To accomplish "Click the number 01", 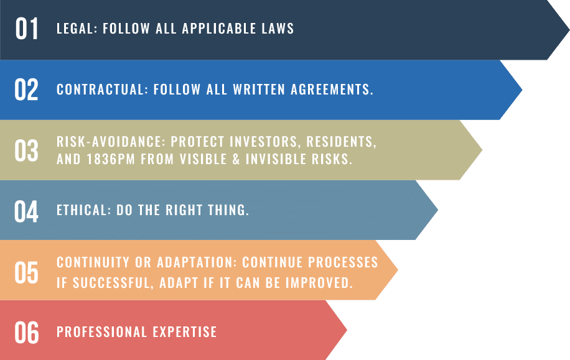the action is click(27, 29).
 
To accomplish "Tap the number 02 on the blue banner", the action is click(26, 90).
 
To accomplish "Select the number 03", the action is click(26, 150).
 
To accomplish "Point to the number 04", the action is click(26, 211).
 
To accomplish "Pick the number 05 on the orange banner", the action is click(26, 272).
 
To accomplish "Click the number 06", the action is click(26, 333).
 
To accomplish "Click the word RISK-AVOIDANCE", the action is click(111, 142).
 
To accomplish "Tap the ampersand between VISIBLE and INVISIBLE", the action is click(236, 159).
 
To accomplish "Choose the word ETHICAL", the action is click(83, 210).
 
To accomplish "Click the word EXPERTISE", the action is click(185, 331).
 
